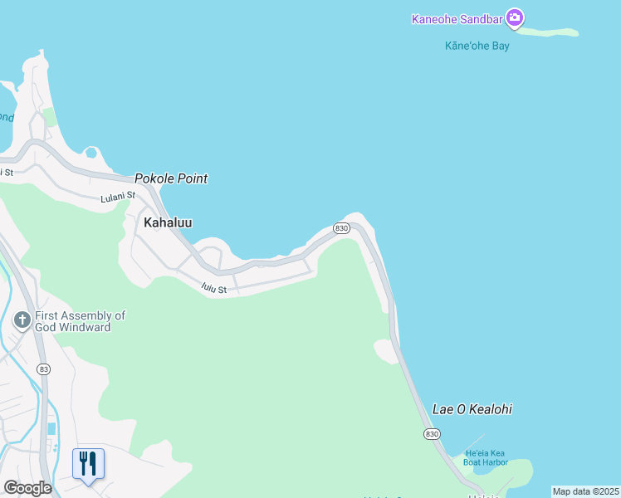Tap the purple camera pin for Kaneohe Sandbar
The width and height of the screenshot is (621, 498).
515,17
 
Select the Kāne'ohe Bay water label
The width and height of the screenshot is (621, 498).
477,46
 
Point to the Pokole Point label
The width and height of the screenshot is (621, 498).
171,178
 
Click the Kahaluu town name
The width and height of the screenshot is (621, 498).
168,222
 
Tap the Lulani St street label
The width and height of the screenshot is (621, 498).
117,197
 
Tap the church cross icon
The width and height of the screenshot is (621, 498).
22,320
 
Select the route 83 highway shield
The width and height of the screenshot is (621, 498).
44,369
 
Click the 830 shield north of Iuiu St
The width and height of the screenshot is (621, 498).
340,227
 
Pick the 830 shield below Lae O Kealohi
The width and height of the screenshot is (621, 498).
431,433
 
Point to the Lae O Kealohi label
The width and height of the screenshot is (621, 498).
472,409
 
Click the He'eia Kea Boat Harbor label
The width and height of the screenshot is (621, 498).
486,456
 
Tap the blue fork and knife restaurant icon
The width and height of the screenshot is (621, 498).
88,463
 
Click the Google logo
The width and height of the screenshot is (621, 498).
27,488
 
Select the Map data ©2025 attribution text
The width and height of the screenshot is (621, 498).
585,491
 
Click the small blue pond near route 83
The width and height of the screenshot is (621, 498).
52,428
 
